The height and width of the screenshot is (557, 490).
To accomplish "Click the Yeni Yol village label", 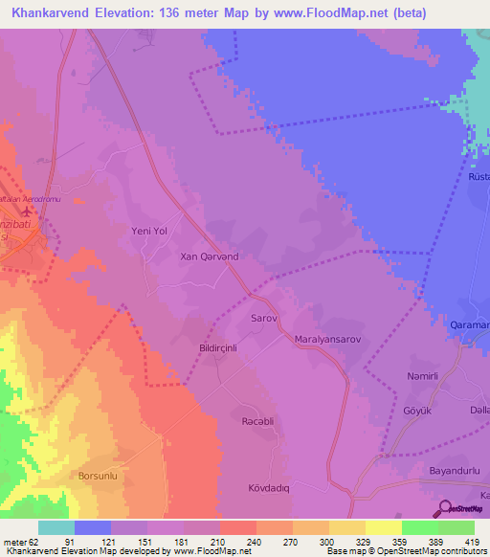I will tap(148, 231).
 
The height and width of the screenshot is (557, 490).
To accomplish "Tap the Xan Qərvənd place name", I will tap(210, 257).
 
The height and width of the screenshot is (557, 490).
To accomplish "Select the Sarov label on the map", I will tap(263, 317).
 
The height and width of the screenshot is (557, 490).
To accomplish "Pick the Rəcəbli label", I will tap(256, 420).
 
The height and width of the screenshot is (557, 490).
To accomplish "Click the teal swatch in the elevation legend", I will tap(56, 527).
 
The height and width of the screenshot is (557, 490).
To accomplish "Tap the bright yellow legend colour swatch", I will tap(383, 527).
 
